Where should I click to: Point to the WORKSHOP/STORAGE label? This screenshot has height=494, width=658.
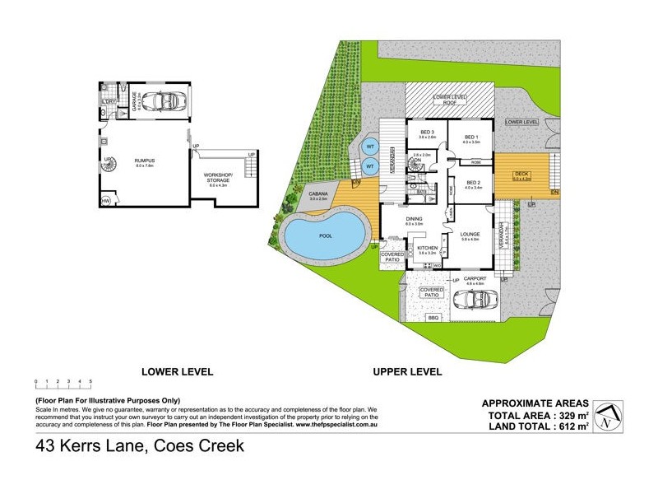coord(222,179)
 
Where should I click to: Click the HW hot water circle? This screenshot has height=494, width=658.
coord(106,201)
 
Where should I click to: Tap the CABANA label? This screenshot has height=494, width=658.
coord(317,196)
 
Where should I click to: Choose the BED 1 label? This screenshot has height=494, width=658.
coord(470,138)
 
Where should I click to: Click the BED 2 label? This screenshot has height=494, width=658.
coord(472,184)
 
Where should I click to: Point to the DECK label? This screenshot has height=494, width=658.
coord(521,174)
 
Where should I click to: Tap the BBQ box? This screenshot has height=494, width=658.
coord(433,317)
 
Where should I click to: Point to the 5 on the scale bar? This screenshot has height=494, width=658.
coord(90,381)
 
